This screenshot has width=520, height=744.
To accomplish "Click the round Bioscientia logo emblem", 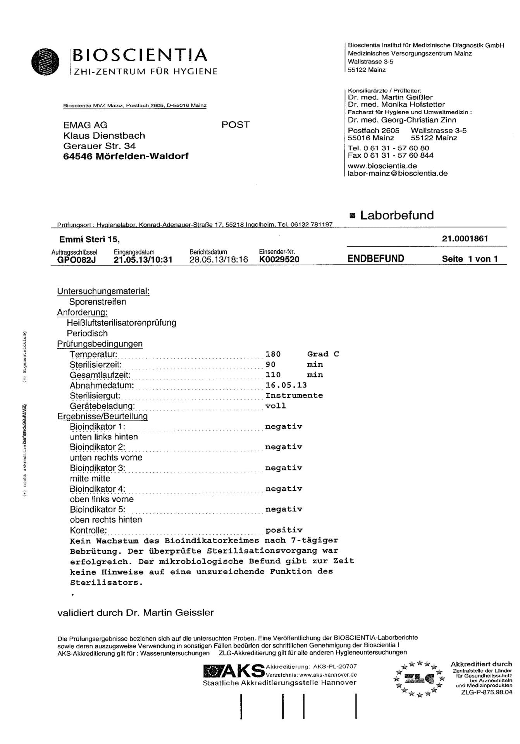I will pyautogui.click(x=46, y=62).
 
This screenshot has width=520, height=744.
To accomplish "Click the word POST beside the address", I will pyautogui.click(x=235, y=125).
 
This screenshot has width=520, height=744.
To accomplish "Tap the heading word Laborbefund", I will pyautogui.click(x=397, y=215).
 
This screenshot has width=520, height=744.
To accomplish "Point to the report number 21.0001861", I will pyautogui.click(x=465, y=239).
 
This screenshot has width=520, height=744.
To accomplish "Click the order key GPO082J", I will pyautogui.click(x=76, y=260).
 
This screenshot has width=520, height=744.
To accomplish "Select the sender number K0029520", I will pyautogui.click(x=279, y=260).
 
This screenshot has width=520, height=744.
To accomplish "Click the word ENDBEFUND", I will pyautogui.click(x=375, y=259).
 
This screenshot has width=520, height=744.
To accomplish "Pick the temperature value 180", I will pyautogui.click(x=273, y=354).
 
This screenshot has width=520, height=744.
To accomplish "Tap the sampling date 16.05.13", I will pyautogui.click(x=286, y=385).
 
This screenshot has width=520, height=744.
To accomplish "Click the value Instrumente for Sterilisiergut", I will pyautogui.click(x=294, y=396).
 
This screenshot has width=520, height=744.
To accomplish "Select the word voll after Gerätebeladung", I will pyautogui.click(x=275, y=406).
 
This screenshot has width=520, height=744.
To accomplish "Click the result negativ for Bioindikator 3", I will pyautogui.click(x=284, y=468).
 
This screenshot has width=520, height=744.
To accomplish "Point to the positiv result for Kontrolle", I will pyautogui.click(x=284, y=530).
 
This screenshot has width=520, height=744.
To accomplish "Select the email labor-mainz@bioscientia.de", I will pyautogui.click(x=398, y=173).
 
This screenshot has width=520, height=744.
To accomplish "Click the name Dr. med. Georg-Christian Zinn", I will pyautogui.click(x=402, y=120).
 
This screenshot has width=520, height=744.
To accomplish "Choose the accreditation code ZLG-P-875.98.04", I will pyautogui.click(x=486, y=692).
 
